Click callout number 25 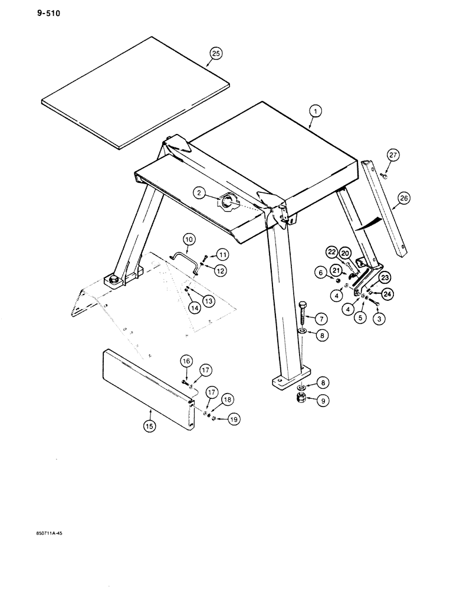pos(216,54)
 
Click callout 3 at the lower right pos(378,319)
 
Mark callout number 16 pos(186,361)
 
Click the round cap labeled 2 pos(227,203)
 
